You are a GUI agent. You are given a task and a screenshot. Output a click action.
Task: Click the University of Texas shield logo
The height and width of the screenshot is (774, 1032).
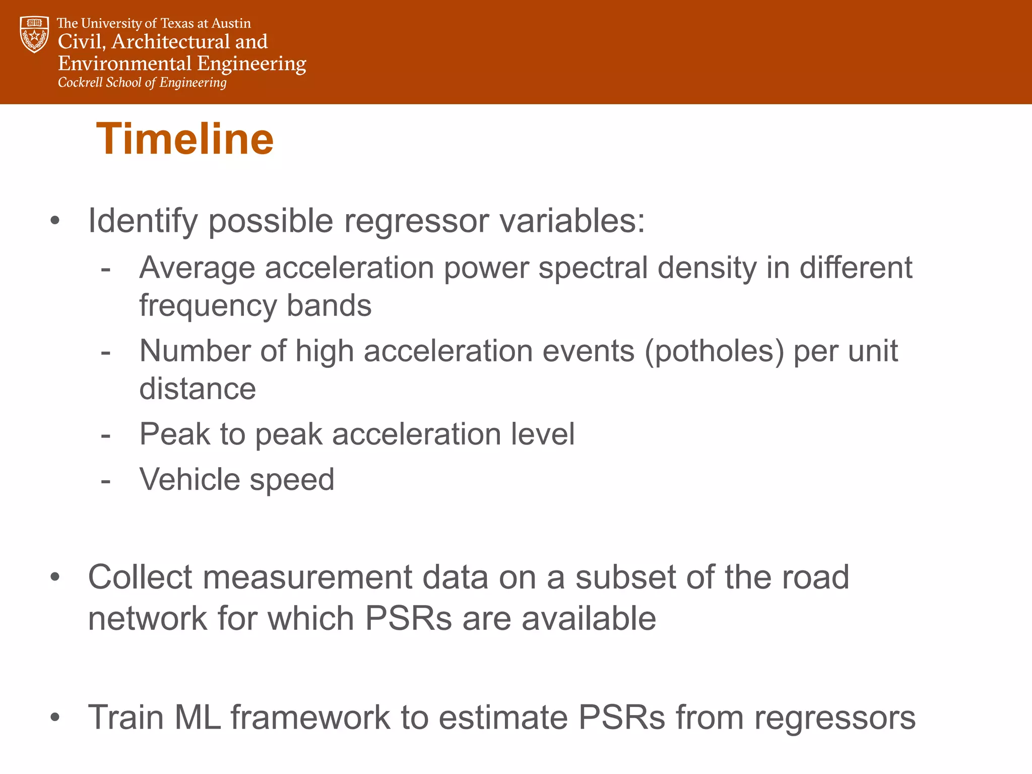click(x=34, y=34)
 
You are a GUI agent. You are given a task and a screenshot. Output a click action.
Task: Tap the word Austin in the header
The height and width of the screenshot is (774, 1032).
click(x=231, y=23)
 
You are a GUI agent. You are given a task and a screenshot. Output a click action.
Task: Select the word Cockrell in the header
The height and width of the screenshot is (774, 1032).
click(x=80, y=82)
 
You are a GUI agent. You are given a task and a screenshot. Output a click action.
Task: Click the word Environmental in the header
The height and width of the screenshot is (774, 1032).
click(x=125, y=63)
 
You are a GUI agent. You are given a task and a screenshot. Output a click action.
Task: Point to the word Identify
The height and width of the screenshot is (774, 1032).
click(x=143, y=222)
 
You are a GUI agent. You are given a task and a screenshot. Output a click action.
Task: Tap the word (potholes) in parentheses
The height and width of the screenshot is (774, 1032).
click(x=714, y=351)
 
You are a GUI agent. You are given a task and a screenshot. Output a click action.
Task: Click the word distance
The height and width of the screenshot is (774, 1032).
click(x=198, y=389)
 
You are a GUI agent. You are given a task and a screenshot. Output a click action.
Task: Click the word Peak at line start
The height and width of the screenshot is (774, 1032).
click(x=174, y=434)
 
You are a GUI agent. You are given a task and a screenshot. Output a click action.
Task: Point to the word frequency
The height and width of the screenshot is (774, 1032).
click(x=208, y=306)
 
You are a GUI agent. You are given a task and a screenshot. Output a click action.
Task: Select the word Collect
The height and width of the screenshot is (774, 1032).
click(x=140, y=577)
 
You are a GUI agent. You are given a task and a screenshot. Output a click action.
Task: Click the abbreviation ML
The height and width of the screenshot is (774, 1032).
click(x=197, y=718)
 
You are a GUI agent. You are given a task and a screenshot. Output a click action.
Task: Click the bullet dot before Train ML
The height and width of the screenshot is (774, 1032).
click(x=55, y=718)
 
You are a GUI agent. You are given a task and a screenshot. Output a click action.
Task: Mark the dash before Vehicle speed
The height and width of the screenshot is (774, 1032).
click(x=105, y=481)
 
